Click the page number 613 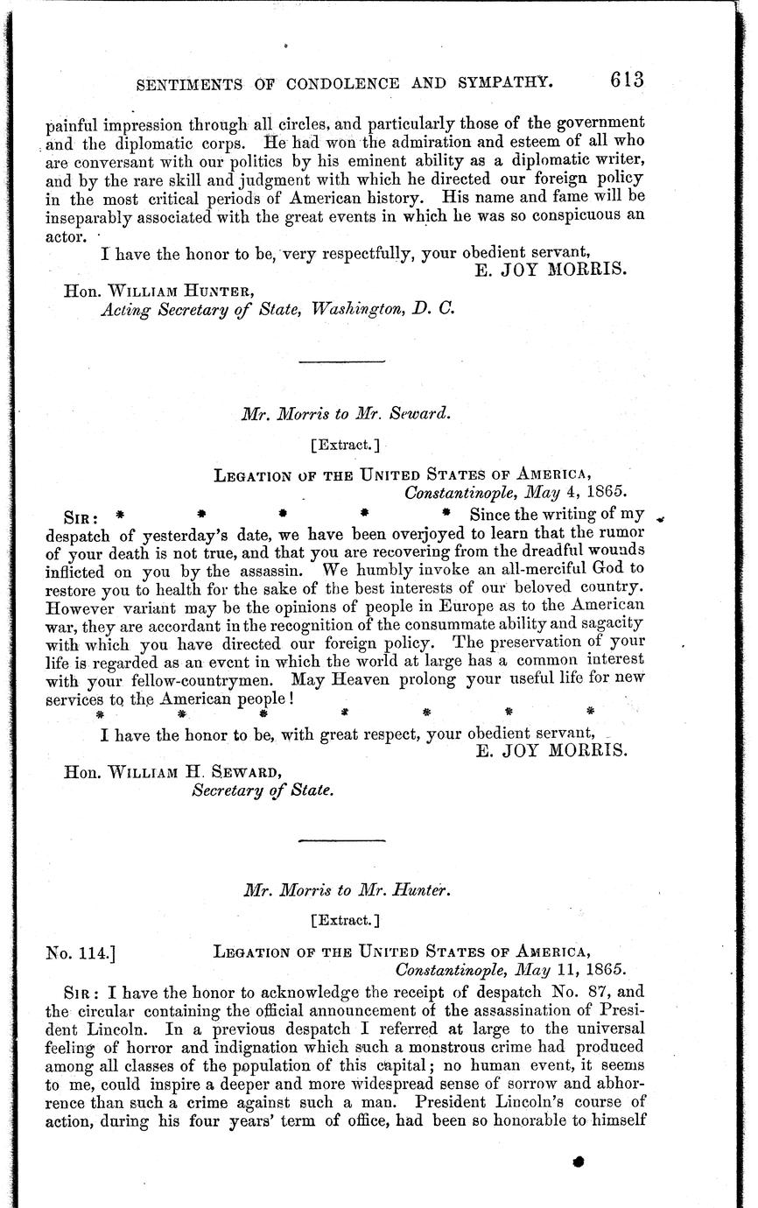pyautogui.click(x=628, y=79)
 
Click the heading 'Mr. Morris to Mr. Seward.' pyautogui.click(x=347, y=416)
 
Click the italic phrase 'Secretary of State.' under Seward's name pyautogui.click(x=262, y=790)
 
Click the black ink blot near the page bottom pyautogui.click(x=578, y=1162)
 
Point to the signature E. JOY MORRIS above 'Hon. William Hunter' pyautogui.click(x=551, y=270)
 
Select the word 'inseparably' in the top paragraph pyautogui.click(x=87, y=217)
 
